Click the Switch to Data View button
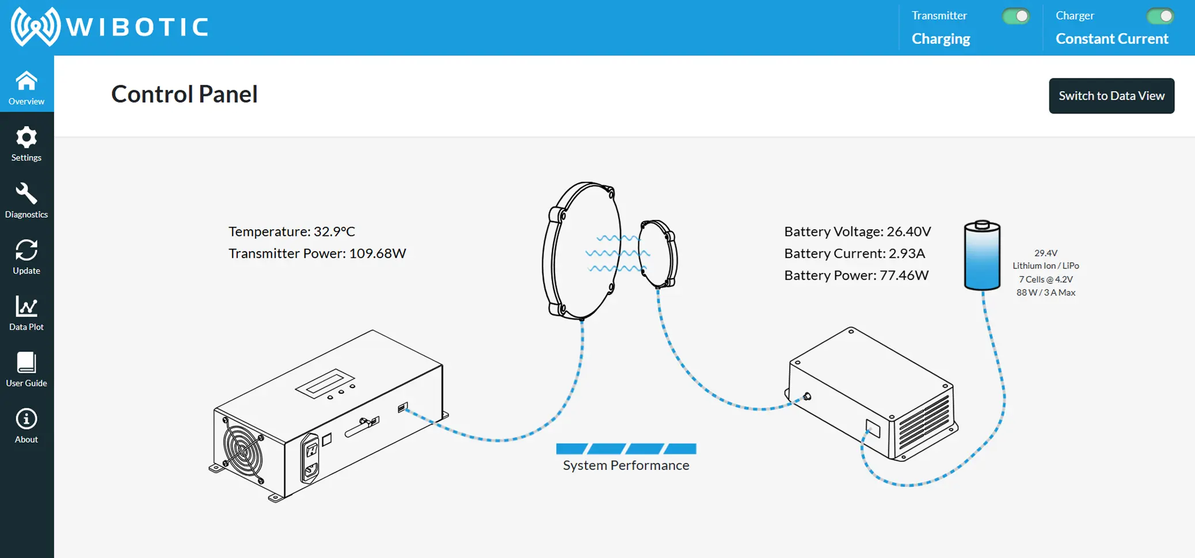1111,96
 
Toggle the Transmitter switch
1015,16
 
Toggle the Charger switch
1159,16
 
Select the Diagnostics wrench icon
26,194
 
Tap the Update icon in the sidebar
26,250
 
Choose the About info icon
26,419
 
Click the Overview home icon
26,82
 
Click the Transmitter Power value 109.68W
377,253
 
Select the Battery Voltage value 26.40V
908,231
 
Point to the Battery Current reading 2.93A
907,253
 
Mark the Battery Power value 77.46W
904,275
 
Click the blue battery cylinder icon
982,256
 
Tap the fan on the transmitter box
243,451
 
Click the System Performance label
626,465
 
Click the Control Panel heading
184,94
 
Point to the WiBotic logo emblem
35,26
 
